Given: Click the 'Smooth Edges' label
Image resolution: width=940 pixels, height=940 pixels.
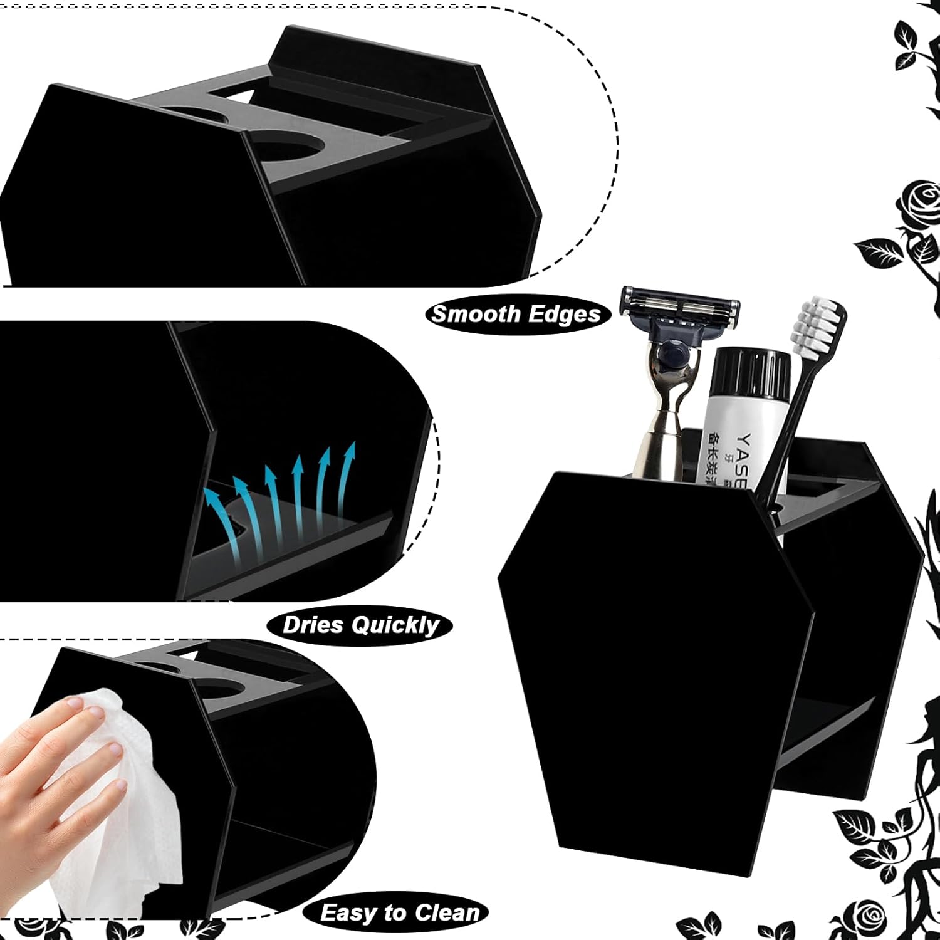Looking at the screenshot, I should pos(516,313).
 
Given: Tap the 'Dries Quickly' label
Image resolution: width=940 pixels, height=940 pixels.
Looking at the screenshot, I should pos(360,625).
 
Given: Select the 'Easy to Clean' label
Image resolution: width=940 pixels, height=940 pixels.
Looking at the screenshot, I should pos(399,912).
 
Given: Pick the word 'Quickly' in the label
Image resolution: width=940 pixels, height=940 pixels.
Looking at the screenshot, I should pos(395,625).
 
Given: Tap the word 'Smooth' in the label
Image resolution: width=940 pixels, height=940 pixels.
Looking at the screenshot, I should pos(471,313).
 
